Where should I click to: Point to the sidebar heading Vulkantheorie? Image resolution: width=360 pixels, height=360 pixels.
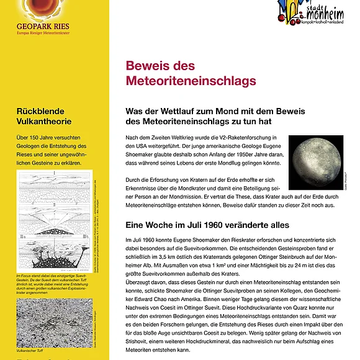(43, 121)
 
